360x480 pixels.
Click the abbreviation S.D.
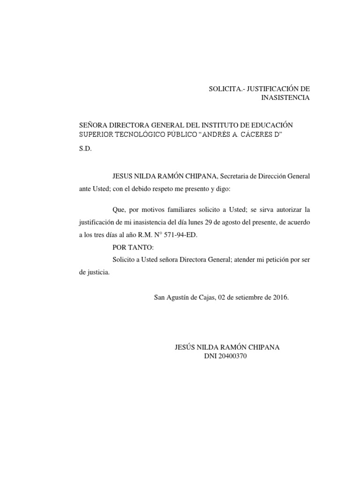pyautogui.click(x=86, y=149)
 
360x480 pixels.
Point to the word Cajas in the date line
pyautogui.click(x=204, y=297)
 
